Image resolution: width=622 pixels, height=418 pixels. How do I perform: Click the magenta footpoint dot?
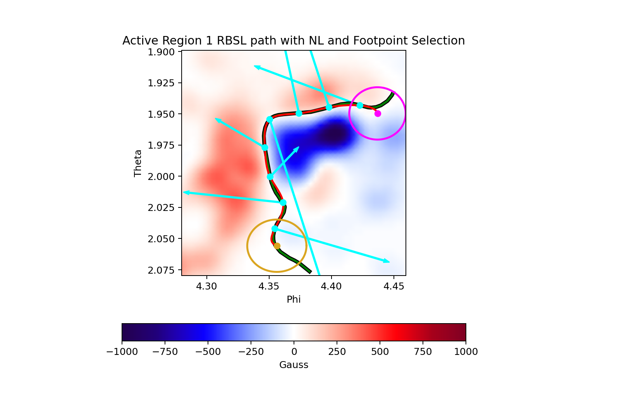tap(378, 113)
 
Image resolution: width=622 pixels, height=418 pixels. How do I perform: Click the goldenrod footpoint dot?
tap(277, 246)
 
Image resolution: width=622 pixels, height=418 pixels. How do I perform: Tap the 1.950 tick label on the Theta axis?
tap(162, 115)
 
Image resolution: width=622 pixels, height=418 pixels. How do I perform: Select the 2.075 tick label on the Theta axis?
tap(162, 270)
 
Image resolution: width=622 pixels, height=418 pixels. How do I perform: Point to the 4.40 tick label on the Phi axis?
tap(331, 286)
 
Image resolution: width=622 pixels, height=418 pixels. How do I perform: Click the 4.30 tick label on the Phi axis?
tap(206, 286)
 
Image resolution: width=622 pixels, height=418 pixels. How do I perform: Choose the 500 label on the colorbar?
tap(380, 352)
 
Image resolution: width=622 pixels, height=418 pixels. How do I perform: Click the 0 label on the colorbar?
tap(294, 352)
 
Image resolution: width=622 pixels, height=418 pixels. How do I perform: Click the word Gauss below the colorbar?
tap(294, 365)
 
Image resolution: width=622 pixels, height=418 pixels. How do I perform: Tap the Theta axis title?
tap(138, 163)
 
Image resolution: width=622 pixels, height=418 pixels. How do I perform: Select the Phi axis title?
tap(294, 300)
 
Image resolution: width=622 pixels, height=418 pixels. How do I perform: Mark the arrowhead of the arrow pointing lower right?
tap(387, 262)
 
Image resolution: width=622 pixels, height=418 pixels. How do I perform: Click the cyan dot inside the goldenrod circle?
tap(275, 229)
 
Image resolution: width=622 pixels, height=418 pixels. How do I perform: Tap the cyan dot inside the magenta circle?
tap(360, 105)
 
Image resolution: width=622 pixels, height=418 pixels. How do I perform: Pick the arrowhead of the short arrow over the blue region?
tap(297, 148)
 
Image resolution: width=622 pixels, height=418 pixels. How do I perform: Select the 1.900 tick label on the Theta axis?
tap(162, 52)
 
